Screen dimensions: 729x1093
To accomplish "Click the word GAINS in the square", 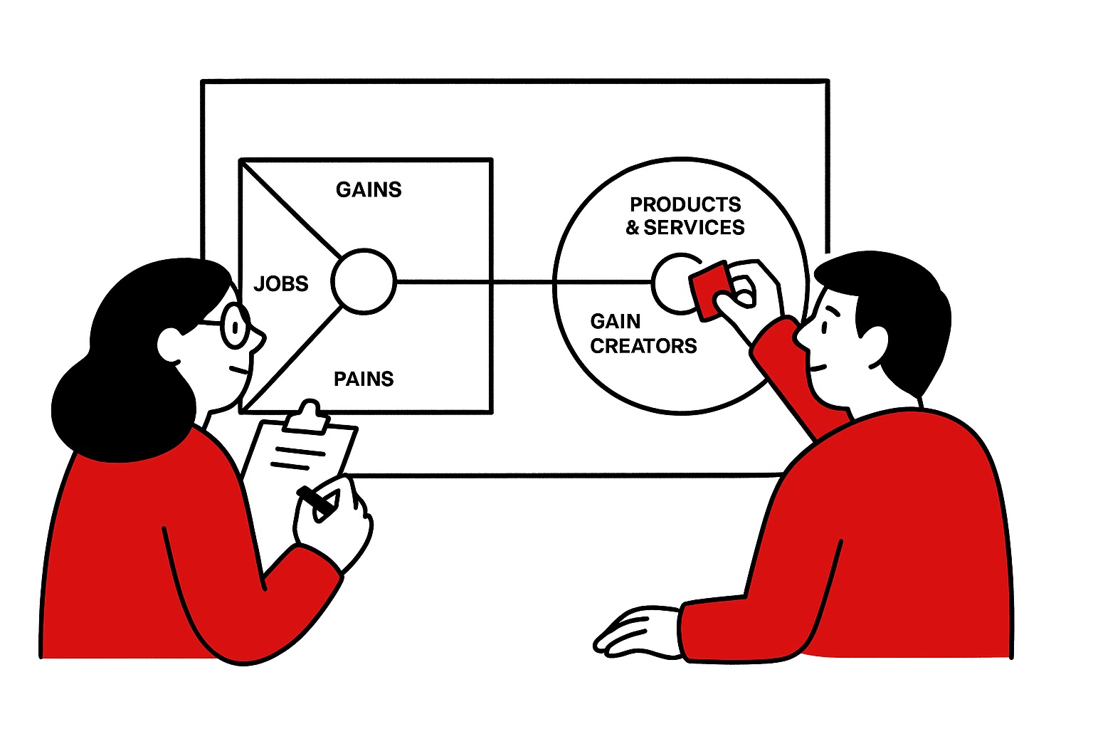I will point(369,189).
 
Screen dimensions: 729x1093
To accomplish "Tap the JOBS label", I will point(281,284).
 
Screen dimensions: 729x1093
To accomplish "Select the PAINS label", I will point(364,379).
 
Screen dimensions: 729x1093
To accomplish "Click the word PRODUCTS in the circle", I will point(685,205).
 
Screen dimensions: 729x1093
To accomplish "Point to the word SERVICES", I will point(694,228).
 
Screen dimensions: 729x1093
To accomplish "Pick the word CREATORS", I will point(643,346).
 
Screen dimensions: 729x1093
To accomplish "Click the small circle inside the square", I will point(363,281).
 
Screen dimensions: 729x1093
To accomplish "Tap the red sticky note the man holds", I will point(710,288).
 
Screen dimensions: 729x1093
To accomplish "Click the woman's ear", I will point(171,345).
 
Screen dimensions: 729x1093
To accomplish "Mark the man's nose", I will point(801,335).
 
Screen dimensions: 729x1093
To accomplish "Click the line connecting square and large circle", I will point(523,283).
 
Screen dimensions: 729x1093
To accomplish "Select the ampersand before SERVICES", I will point(633,228).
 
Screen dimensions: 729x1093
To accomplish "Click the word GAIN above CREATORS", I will point(616,322).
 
